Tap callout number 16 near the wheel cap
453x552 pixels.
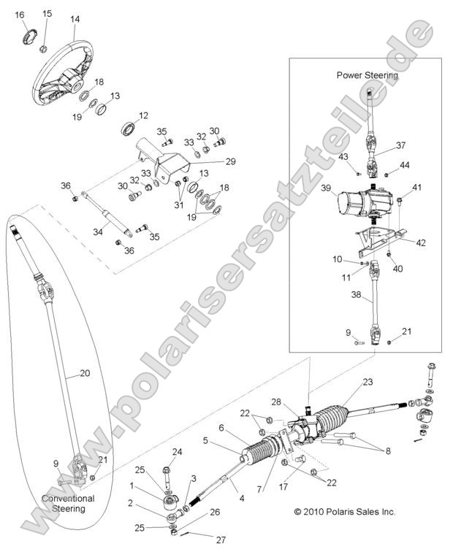(20, 15)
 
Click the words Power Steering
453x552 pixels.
(367, 75)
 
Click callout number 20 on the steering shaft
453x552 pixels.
(84, 373)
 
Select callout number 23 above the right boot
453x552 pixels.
(367, 382)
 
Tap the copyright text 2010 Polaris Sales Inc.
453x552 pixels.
(344, 512)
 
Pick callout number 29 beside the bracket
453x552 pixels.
(230, 161)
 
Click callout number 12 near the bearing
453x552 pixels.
(143, 115)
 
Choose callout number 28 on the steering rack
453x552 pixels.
(276, 402)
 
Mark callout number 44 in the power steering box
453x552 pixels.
(404, 165)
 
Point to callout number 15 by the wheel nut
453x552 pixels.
(47, 14)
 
